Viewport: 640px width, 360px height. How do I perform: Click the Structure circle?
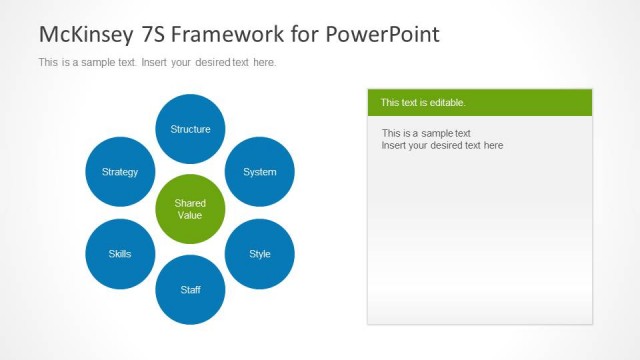tap(190, 129)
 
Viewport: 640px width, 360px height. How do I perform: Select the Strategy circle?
tap(120, 172)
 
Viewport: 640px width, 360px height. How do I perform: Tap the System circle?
tap(260, 172)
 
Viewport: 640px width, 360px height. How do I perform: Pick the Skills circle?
tap(120, 254)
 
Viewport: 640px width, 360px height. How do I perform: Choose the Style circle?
tap(260, 254)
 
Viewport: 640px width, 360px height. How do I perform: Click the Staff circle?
tap(190, 290)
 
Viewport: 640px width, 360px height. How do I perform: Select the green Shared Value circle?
tap(190, 209)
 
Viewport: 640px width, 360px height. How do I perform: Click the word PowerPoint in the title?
tap(381, 34)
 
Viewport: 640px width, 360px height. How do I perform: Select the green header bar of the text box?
tap(479, 102)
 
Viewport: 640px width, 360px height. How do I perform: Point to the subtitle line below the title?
tap(157, 62)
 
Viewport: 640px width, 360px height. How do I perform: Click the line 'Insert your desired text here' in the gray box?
tap(442, 145)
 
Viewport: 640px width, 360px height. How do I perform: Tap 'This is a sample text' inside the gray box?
tap(426, 133)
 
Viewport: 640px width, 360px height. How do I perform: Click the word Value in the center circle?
tap(190, 215)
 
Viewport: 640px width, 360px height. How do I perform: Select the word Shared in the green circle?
tap(190, 203)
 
